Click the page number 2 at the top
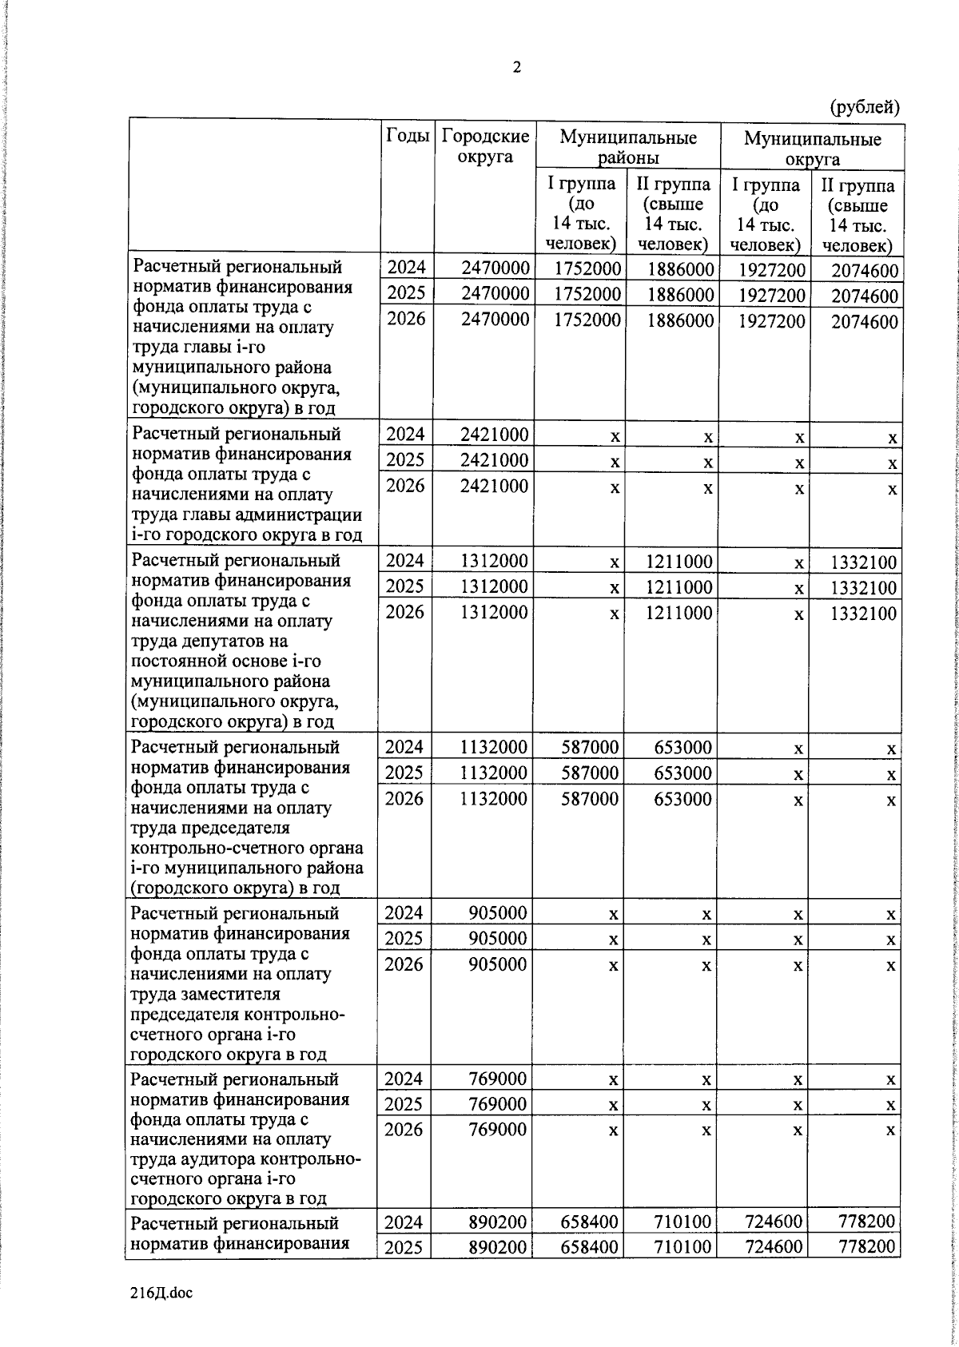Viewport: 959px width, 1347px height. tap(516, 68)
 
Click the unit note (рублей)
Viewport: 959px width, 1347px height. tap(865, 106)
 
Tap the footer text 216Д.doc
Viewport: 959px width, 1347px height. tap(161, 1292)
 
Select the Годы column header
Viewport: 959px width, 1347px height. tap(408, 136)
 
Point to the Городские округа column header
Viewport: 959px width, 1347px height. tap(485, 146)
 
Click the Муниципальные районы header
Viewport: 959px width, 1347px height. tap(628, 148)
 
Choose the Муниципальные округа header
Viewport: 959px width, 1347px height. tap(812, 149)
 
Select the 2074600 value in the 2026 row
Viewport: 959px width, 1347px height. tap(865, 322)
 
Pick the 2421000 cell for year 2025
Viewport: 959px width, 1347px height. tap(495, 460)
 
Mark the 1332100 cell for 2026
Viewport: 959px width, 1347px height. tap(863, 614)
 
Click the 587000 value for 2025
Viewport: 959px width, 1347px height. tap(589, 773)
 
